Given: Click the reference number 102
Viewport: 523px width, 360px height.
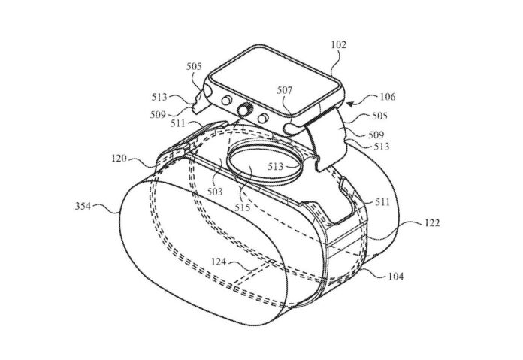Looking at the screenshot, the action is click(339, 45).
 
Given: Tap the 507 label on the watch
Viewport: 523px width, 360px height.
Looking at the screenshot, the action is click(284, 90).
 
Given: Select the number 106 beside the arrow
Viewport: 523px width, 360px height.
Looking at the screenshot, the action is click(388, 97).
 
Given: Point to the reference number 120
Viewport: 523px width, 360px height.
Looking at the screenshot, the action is click(119, 158).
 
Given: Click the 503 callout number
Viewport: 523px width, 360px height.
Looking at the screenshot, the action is click(214, 192).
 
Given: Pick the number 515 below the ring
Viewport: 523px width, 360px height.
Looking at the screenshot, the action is click(242, 207).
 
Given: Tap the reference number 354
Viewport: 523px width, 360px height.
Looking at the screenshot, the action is click(83, 206).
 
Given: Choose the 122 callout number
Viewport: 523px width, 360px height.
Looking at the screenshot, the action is click(432, 223).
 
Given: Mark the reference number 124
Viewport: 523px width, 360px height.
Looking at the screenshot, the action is click(219, 262).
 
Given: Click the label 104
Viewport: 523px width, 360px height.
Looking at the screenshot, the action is click(395, 277).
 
